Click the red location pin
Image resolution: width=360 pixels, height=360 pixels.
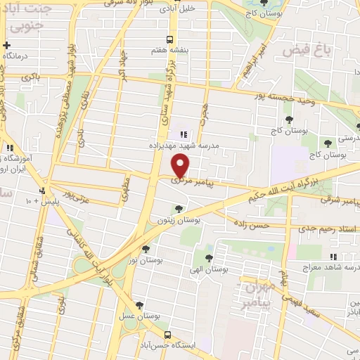point(181,166)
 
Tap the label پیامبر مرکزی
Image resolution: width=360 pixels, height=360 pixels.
point(191,181)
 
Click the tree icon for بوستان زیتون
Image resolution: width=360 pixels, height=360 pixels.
point(180,208)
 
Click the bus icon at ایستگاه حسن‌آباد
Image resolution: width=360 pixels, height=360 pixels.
point(168,335)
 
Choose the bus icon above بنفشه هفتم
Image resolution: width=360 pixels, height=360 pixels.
point(169,39)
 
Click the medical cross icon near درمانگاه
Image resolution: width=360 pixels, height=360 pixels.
point(6,45)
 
